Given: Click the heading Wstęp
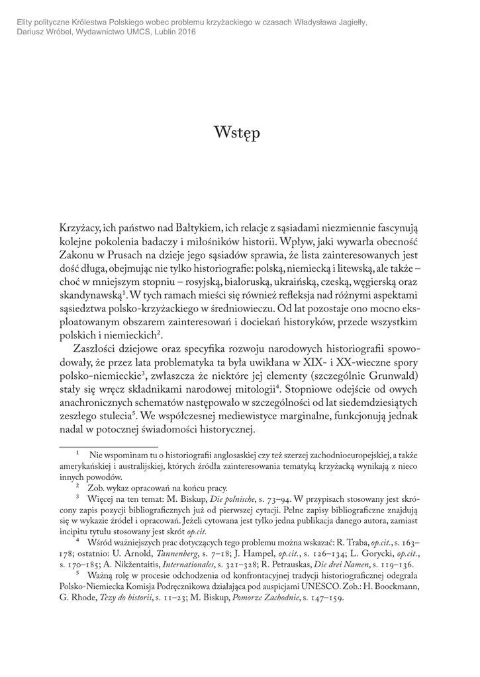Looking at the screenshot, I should [237, 133].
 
